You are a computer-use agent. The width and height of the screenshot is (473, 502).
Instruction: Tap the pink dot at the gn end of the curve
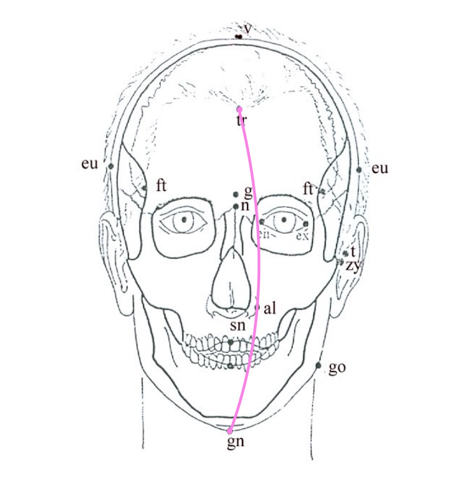230,431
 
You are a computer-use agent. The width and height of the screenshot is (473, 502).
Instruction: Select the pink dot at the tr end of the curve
240,109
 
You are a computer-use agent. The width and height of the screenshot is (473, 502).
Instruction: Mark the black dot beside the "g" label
236,194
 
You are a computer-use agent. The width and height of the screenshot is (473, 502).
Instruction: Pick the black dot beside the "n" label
236,206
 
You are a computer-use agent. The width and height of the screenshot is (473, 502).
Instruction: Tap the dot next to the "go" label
318,365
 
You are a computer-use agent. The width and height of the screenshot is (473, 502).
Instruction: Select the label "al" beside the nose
270,309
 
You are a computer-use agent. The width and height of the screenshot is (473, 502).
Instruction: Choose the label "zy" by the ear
352,266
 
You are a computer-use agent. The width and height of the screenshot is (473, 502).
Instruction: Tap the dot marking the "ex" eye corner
306,223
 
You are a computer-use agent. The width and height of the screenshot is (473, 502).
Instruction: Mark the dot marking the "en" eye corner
262,221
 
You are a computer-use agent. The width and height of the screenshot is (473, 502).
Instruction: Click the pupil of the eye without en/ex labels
184,220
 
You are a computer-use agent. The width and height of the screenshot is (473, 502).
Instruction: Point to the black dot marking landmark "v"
239,36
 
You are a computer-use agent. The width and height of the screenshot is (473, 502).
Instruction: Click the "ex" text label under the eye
301,235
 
